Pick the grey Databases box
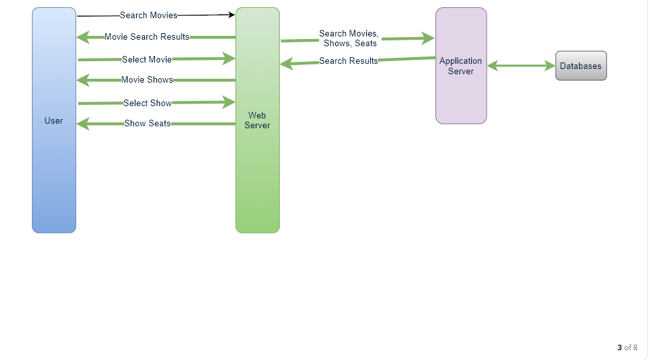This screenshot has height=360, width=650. [580, 66]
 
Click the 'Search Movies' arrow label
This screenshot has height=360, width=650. [148, 15]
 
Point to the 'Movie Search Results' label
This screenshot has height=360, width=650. [147, 37]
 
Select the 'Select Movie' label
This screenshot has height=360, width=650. [147, 59]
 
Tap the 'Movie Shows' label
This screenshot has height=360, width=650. [147, 80]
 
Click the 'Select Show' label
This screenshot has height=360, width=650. [148, 103]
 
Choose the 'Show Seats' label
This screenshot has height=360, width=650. [148, 123]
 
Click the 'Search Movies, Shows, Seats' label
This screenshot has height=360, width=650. [349, 38]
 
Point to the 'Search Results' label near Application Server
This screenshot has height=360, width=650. [349, 61]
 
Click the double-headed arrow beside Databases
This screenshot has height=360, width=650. [521, 66]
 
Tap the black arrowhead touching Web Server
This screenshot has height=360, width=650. [230, 14]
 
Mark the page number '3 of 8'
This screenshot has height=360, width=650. [627, 348]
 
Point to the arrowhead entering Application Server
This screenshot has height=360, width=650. [428, 38]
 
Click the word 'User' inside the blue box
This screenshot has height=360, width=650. [54, 120]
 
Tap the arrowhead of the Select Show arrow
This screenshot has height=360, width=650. [229, 102]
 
